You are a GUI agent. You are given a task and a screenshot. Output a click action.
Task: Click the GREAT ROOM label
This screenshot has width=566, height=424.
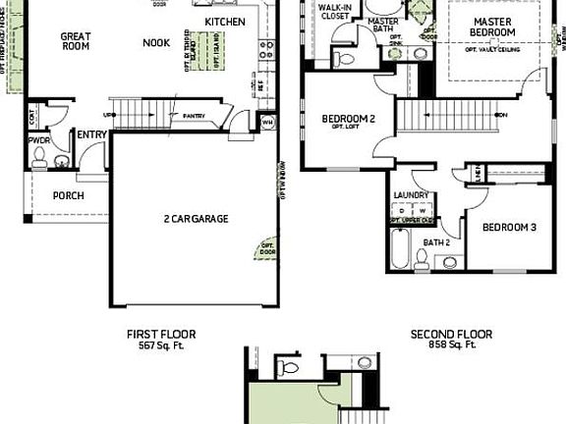click(76, 42)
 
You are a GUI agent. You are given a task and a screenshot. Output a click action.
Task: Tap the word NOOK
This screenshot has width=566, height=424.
click(156, 42)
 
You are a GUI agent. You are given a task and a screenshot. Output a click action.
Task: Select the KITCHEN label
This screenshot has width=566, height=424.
click(225, 22)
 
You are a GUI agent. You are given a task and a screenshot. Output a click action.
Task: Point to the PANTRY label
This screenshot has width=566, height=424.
click(193, 116)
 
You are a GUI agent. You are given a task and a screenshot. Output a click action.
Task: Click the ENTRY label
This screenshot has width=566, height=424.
click(92, 135)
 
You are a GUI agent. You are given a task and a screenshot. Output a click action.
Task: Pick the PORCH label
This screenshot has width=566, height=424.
click(68, 195)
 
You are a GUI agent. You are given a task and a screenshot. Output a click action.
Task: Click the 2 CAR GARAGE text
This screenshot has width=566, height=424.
click(196, 219)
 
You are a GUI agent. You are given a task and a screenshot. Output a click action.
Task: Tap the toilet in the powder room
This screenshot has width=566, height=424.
click(61, 161)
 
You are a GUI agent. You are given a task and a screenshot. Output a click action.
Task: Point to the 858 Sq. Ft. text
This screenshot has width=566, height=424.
click(451, 345)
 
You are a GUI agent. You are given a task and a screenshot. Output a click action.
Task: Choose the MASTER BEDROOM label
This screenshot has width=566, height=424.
click(493, 26)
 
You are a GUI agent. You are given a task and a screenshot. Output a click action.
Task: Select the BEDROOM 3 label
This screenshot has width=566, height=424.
click(508, 228)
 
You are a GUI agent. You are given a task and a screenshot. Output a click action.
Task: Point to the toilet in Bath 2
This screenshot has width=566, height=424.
click(422, 259)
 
